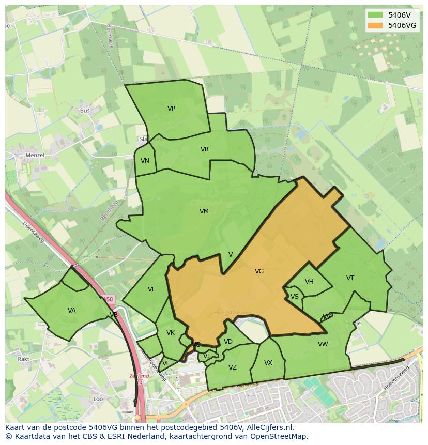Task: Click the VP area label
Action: tap(171, 109)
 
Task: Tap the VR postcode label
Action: tap(205, 149)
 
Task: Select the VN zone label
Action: tap(145, 161)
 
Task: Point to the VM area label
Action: tap(204, 211)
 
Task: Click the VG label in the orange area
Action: tap(259, 271)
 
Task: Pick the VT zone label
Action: tap(350, 278)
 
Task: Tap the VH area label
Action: tap(309, 282)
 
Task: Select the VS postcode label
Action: tap(294, 297)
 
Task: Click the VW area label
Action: tap(323, 344)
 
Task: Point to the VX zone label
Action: tap(268, 363)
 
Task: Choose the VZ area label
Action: tap(232, 367)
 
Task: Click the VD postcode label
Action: tap(228, 342)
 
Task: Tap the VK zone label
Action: tap(171, 333)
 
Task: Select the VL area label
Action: tap(151, 289)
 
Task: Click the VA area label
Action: tap(71, 311)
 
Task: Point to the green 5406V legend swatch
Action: tap(375, 15)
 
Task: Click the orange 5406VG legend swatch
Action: tap(375, 25)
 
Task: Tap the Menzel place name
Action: tap(35, 155)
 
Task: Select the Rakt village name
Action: tap(23, 359)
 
